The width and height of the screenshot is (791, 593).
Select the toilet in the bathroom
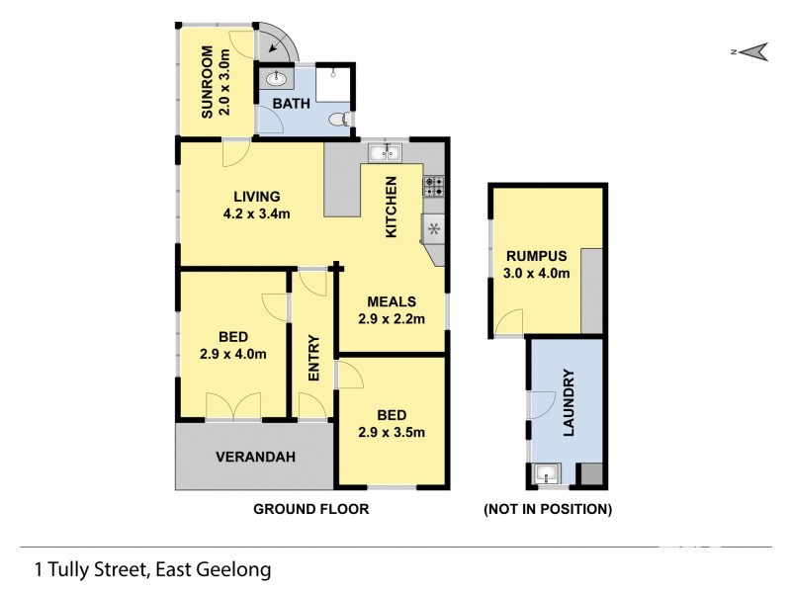coord(339,119)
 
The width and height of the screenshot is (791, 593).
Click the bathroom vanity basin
coord(275,77)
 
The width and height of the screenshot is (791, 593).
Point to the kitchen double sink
coord(383,152)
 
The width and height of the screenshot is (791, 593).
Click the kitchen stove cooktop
coord(434,185)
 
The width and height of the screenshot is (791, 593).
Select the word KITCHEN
coord(392,206)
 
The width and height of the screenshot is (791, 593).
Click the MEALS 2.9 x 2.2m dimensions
coord(391,318)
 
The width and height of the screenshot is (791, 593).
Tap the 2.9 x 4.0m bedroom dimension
coord(233,353)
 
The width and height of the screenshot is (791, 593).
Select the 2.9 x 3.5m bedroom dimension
coord(391,432)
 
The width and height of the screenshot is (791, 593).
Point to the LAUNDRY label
coord(569,401)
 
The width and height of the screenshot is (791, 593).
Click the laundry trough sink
coord(546,475)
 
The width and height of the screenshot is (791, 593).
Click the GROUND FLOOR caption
coord(311,509)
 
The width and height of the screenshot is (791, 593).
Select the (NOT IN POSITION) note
coord(547,509)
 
